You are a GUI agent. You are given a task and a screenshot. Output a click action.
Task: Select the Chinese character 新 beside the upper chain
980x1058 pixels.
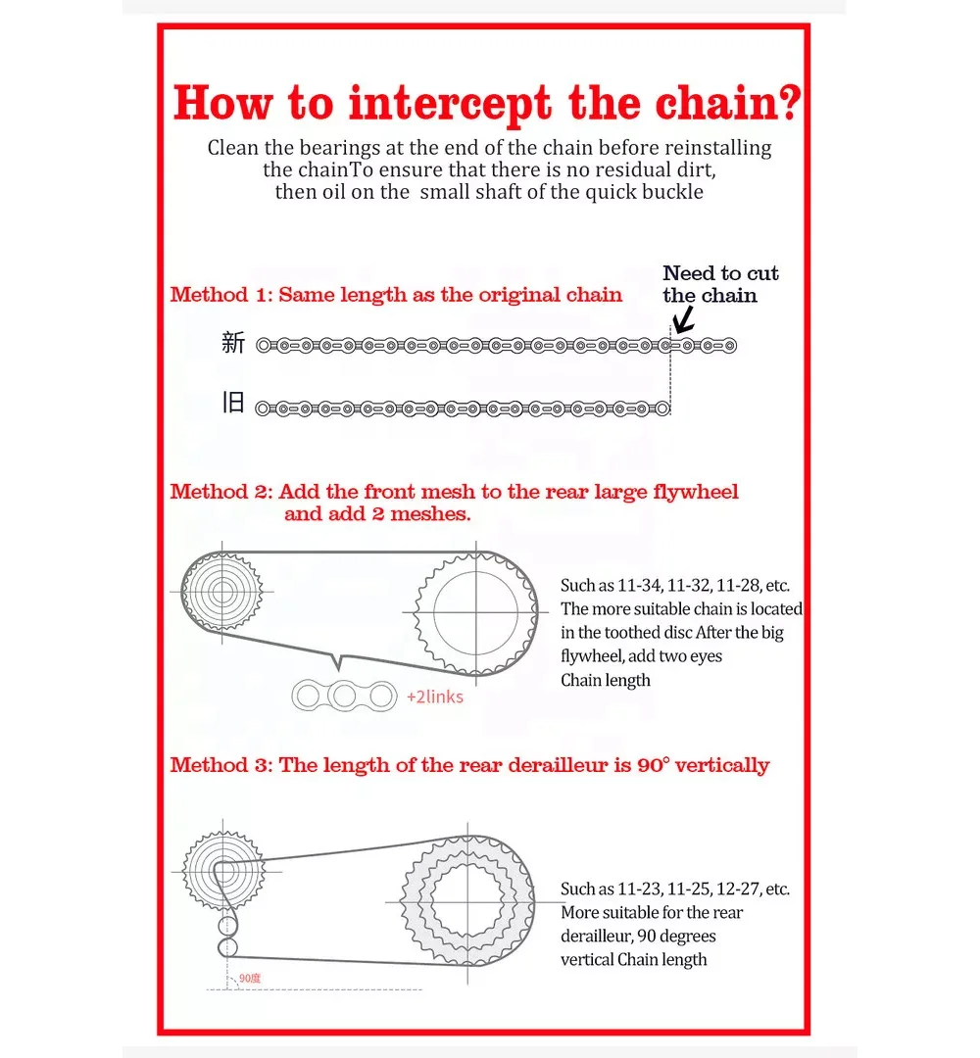point(233,343)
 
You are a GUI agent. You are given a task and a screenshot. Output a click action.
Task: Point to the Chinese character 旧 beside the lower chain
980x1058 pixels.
point(233,404)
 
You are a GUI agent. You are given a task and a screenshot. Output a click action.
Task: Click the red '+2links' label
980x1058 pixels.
point(434,697)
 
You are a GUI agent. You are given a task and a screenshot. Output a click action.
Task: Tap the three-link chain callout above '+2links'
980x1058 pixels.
point(344,696)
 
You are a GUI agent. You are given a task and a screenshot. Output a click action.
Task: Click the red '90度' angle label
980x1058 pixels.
point(250,978)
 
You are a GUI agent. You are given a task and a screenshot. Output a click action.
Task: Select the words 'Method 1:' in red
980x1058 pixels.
point(220,295)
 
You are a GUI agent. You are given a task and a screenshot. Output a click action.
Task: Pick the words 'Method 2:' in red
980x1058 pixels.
point(220,492)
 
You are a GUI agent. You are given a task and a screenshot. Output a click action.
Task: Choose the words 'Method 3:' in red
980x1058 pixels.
point(220,765)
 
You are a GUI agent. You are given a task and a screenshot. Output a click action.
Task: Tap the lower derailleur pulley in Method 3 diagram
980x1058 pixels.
point(227,948)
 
